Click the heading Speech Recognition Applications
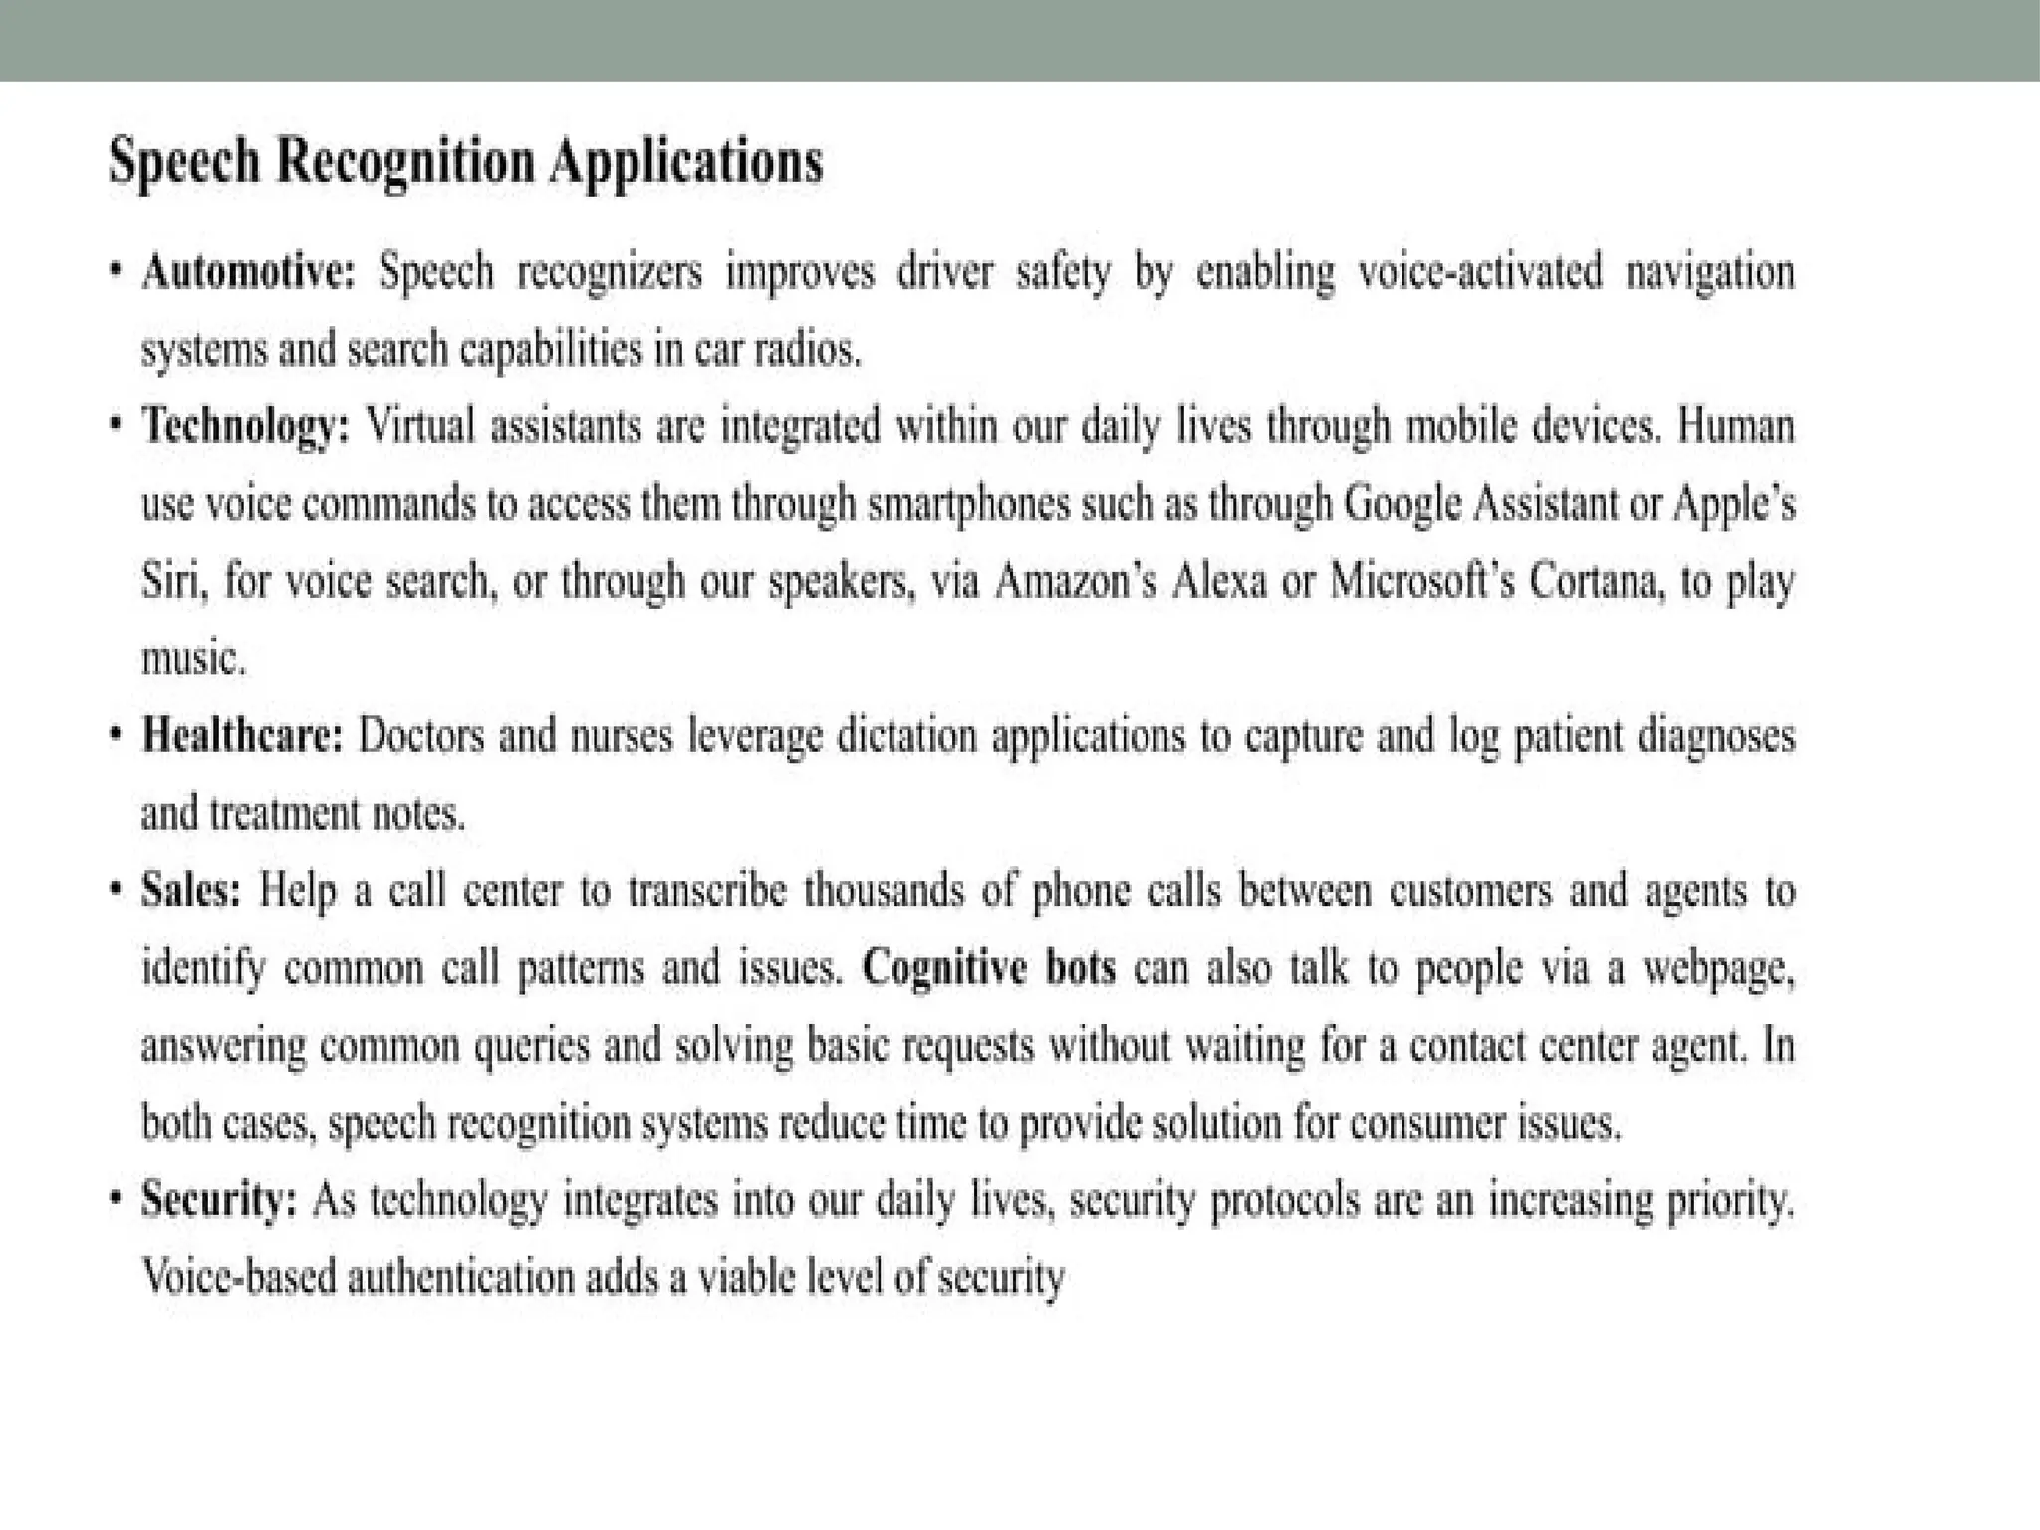click(x=465, y=162)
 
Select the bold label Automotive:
click(x=248, y=272)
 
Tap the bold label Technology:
click(x=246, y=427)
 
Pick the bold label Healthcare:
click(x=243, y=737)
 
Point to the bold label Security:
click(x=219, y=1199)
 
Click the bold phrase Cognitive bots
click(x=988, y=967)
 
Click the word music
click(x=192, y=658)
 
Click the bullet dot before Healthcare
click(x=118, y=736)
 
